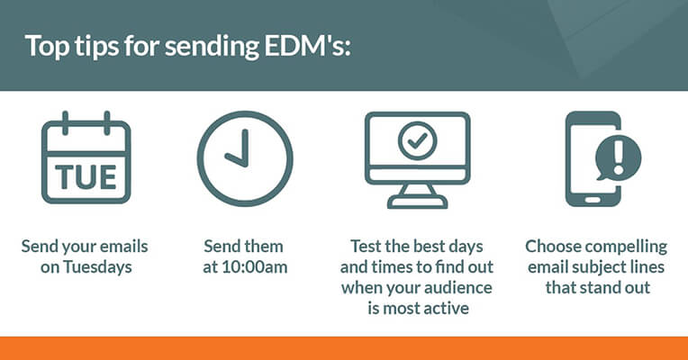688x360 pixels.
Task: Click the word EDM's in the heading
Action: tap(308, 45)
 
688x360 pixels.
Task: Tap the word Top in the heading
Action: tap(47, 47)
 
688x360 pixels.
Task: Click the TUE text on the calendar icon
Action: tap(86, 177)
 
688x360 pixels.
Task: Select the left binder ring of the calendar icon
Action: tap(66, 123)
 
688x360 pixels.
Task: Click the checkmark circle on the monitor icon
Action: tap(417, 140)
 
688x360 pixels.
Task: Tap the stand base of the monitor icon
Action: tap(417, 202)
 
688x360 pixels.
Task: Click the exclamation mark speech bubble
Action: tap(619, 157)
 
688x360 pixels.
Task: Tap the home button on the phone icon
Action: tap(593, 200)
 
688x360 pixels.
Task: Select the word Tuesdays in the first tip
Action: tap(97, 267)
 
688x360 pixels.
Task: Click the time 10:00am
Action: tap(254, 267)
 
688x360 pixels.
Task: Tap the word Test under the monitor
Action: tap(366, 247)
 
